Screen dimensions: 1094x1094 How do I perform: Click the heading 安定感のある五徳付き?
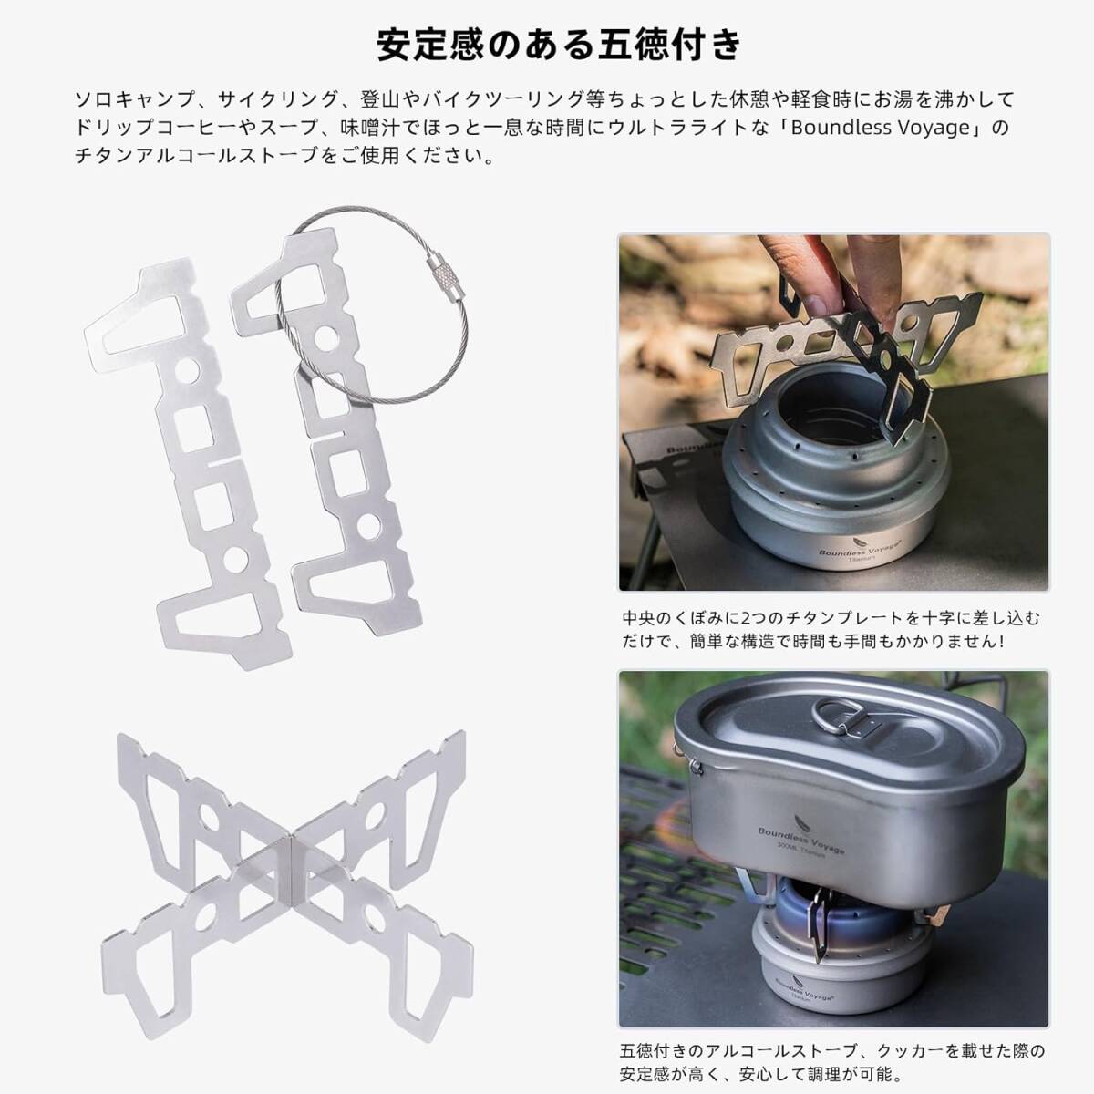point(559,45)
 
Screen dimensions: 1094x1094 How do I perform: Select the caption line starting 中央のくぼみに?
point(831,618)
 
